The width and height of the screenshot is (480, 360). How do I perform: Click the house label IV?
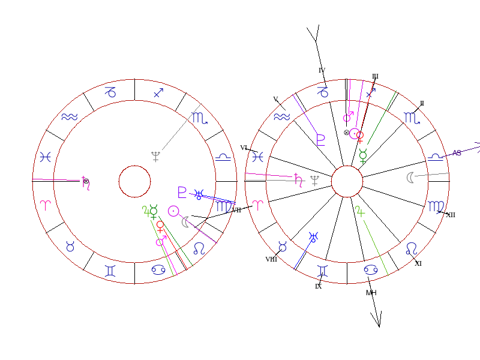point(322,71)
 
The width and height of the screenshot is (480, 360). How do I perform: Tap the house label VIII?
point(271,259)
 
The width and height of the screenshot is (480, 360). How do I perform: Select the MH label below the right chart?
point(371,293)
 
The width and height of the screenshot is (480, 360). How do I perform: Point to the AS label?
point(457,153)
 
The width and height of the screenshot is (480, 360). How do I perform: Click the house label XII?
point(450,215)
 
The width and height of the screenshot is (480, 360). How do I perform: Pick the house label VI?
point(244,148)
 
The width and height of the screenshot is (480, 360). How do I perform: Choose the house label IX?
point(319,286)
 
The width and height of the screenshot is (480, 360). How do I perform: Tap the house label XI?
point(418,263)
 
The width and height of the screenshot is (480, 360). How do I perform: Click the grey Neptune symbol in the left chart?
point(156,157)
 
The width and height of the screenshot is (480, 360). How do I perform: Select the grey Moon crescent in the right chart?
point(410,177)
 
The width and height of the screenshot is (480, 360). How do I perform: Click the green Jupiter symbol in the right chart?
point(359,211)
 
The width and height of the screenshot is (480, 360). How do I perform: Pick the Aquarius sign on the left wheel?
point(70,118)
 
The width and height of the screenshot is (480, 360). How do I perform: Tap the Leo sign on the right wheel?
point(412,248)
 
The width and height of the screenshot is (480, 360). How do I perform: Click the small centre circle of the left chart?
point(134,181)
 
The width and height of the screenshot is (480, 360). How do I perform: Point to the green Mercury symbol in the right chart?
point(363,157)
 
